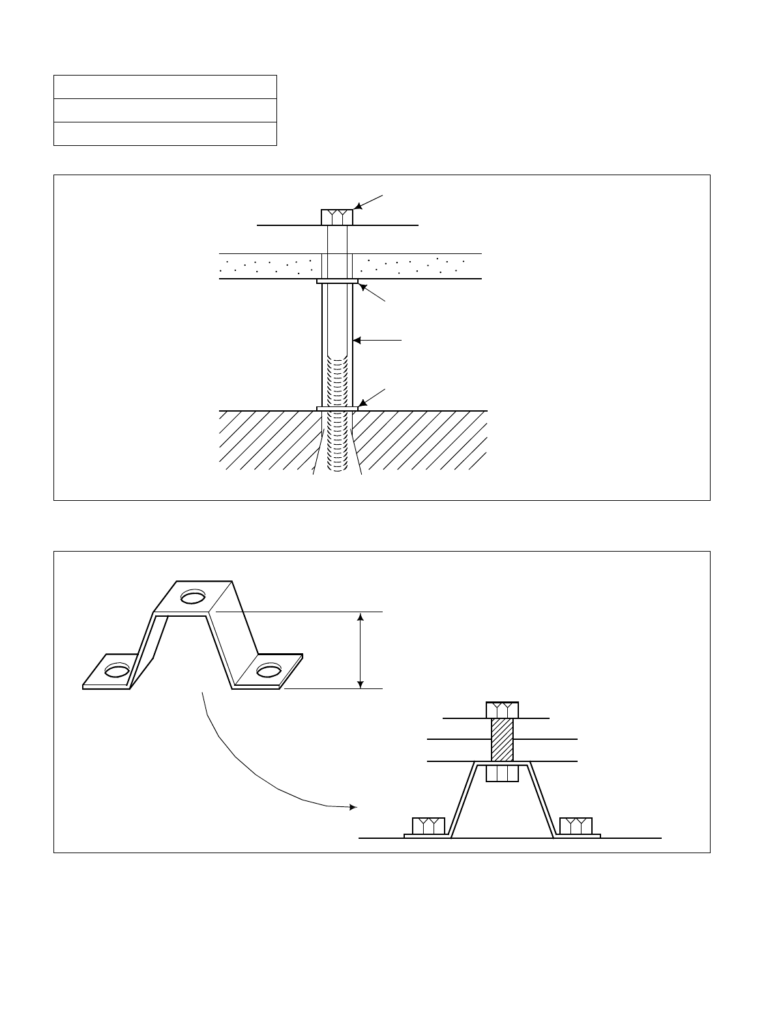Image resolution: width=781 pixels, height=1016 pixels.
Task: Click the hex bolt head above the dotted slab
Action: (x=337, y=217)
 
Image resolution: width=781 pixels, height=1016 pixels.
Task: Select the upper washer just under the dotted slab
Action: (x=337, y=281)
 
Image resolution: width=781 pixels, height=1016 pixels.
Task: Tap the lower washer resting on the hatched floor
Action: (x=337, y=408)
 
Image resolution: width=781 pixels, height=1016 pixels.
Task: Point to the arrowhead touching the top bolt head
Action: (x=357, y=206)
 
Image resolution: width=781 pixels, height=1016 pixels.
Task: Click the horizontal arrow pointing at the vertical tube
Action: (x=377, y=340)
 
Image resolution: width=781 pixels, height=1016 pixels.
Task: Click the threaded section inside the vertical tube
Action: (x=337, y=384)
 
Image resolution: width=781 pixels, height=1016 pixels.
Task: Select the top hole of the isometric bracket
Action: (x=194, y=595)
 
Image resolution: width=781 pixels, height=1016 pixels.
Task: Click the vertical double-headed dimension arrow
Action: (x=361, y=650)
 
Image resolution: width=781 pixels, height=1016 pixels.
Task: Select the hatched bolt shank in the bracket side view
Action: (x=502, y=739)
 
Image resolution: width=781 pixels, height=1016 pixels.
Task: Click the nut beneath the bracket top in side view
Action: (x=502, y=773)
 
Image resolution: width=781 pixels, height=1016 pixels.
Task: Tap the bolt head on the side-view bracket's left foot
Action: (x=428, y=825)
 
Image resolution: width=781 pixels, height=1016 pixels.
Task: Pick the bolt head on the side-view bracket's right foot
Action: (x=576, y=825)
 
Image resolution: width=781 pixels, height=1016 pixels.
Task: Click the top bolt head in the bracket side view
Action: (x=502, y=709)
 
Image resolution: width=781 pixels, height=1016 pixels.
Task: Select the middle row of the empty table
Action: (x=165, y=110)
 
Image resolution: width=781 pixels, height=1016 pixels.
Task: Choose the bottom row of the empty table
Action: (x=165, y=134)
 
